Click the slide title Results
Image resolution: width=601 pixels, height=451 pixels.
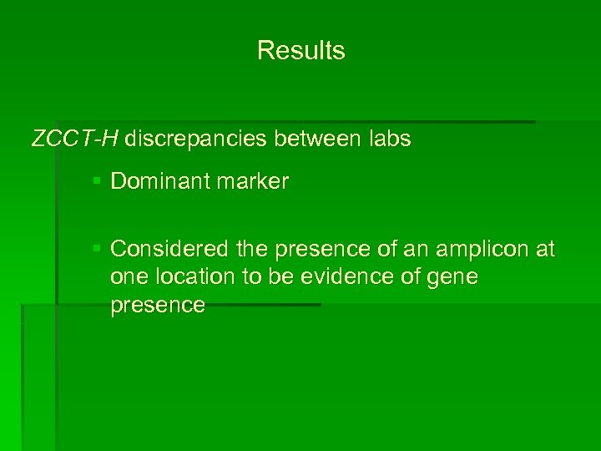(x=300, y=51)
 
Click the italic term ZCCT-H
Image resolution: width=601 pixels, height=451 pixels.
(x=74, y=139)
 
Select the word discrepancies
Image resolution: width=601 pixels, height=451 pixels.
(x=197, y=139)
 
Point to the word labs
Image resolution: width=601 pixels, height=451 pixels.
(x=389, y=139)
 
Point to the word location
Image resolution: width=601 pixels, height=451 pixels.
(x=197, y=277)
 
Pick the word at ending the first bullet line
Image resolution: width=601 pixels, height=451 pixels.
(x=545, y=249)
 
